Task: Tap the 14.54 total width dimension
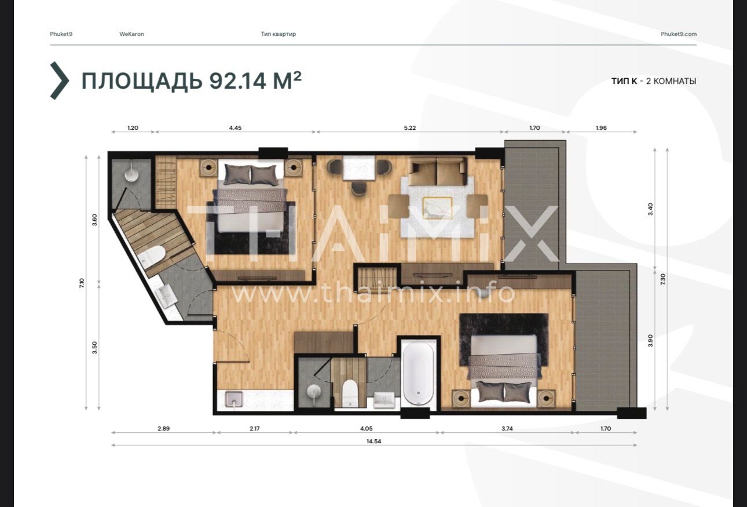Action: pos(373,442)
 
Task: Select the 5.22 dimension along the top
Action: pos(410,128)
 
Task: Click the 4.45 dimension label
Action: pos(235,128)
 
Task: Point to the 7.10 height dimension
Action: pos(82,283)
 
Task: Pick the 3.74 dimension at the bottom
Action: pos(507,429)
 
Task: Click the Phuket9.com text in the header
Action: pos(678,34)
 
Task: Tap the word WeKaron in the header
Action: pos(131,34)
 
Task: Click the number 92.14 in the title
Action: pos(238,81)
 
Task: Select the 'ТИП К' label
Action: pos(624,81)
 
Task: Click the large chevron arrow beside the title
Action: pos(60,81)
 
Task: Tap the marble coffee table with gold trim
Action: pos(437,208)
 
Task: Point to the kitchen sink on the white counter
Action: pos(234,399)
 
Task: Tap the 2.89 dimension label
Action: pos(163,429)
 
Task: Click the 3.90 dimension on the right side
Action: pos(650,341)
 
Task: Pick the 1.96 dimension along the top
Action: pos(601,128)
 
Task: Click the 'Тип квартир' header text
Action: pos(278,34)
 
